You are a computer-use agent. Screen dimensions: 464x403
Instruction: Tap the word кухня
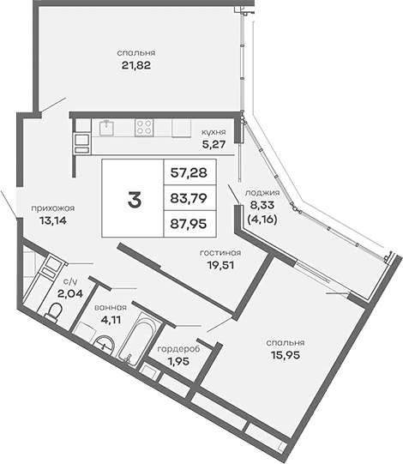pyautogui.click(x=214, y=133)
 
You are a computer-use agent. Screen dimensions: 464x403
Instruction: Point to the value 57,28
pyautogui.click(x=189, y=173)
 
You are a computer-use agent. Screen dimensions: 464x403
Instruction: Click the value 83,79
pyautogui.click(x=189, y=201)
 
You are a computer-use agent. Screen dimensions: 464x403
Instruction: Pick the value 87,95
pyautogui.click(x=189, y=226)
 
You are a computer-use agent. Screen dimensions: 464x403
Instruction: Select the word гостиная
pyautogui.click(x=220, y=253)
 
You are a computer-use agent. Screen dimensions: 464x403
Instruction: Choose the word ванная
pyautogui.click(x=111, y=307)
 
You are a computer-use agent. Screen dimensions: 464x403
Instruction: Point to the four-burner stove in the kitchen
pyautogui.click(x=144, y=127)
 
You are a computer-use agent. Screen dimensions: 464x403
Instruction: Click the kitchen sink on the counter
pyautogui.click(x=105, y=127)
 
